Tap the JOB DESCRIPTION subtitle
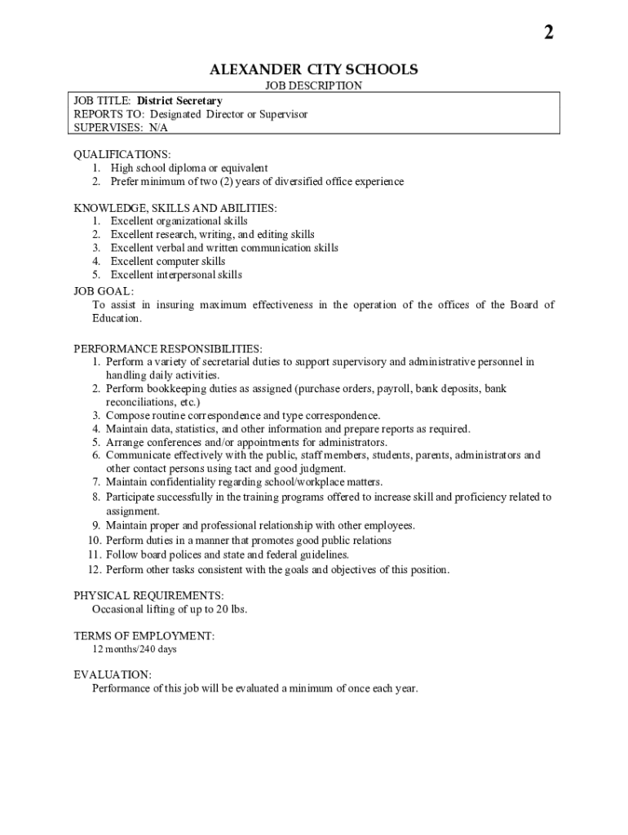pyautogui.click(x=314, y=86)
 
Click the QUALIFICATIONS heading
pyautogui.click(x=122, y=154)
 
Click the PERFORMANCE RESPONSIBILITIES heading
pyautogui.click(x=168, y=348)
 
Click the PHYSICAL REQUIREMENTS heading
pyautogui.click(x=149, y=596)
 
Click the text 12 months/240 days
pyautogui.click(x=134, y=650)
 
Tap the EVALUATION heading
pyautogui.click(x=113, y=674)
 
